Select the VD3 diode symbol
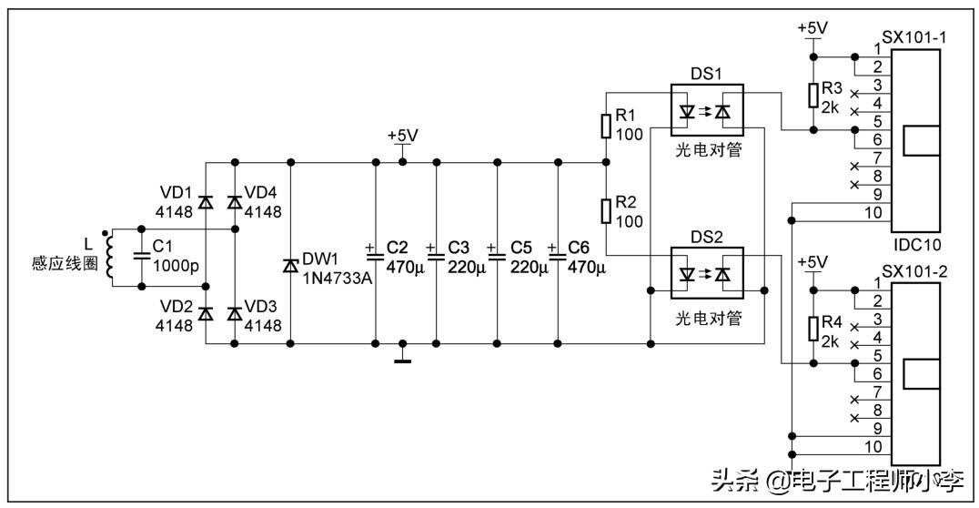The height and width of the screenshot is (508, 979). coord(235,313)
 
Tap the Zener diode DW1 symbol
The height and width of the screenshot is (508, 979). coord(290,266)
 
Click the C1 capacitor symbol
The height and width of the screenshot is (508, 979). coord(141,256)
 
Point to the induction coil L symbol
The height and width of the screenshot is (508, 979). coord(111,256)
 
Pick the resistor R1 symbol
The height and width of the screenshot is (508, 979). coord(605,125)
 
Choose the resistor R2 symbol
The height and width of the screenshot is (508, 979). coord(605,210)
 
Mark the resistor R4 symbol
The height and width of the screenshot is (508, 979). coord(812,329)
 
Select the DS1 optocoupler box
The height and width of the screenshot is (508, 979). coord(707,111)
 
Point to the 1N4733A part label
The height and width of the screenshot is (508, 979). coord(337,279)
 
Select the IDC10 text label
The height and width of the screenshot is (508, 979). coord(917,244)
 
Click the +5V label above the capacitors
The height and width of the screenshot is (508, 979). coord(402,135)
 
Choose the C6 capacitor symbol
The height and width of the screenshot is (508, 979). coord(556,252)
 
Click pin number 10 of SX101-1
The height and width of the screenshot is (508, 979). coord(873,213)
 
